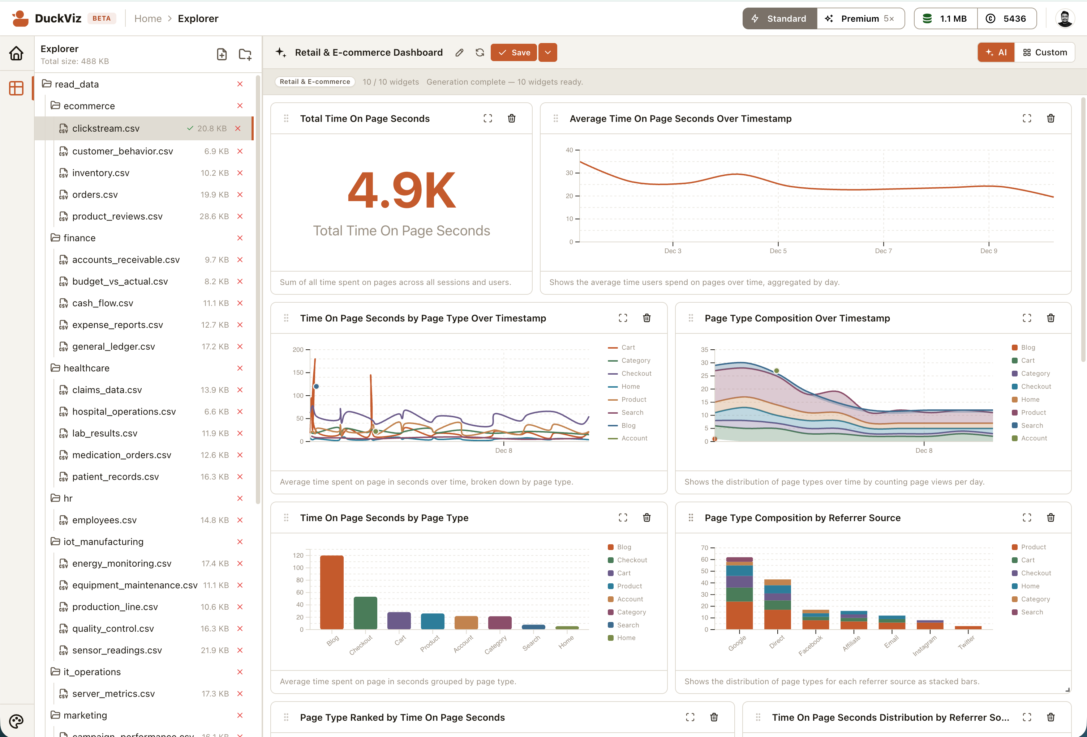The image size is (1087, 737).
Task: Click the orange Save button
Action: [514, 52]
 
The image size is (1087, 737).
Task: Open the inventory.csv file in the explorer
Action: [100, 172]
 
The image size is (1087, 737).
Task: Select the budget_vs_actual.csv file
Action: [120, 281]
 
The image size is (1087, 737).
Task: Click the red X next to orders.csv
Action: [240, 195]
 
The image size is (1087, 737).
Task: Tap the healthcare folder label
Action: [86, 368]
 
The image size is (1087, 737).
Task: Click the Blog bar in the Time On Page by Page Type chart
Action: [332, 592]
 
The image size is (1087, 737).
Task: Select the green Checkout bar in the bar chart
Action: [365, 613]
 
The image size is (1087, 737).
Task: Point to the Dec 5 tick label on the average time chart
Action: [778, 251]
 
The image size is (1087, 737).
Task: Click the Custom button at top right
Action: [1045, 52]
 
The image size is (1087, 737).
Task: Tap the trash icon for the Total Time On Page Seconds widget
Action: [512, 118]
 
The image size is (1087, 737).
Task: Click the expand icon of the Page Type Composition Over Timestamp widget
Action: [1027, 318]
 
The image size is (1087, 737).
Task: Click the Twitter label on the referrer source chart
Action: [966, 643]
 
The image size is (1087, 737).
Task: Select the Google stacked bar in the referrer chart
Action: [739, 593]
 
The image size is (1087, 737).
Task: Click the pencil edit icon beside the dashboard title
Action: [459, 52]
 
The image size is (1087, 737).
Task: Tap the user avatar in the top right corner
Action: [1065, 19]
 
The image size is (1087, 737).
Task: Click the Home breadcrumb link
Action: [148, 19]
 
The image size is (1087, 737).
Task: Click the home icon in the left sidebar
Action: [16, 54]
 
